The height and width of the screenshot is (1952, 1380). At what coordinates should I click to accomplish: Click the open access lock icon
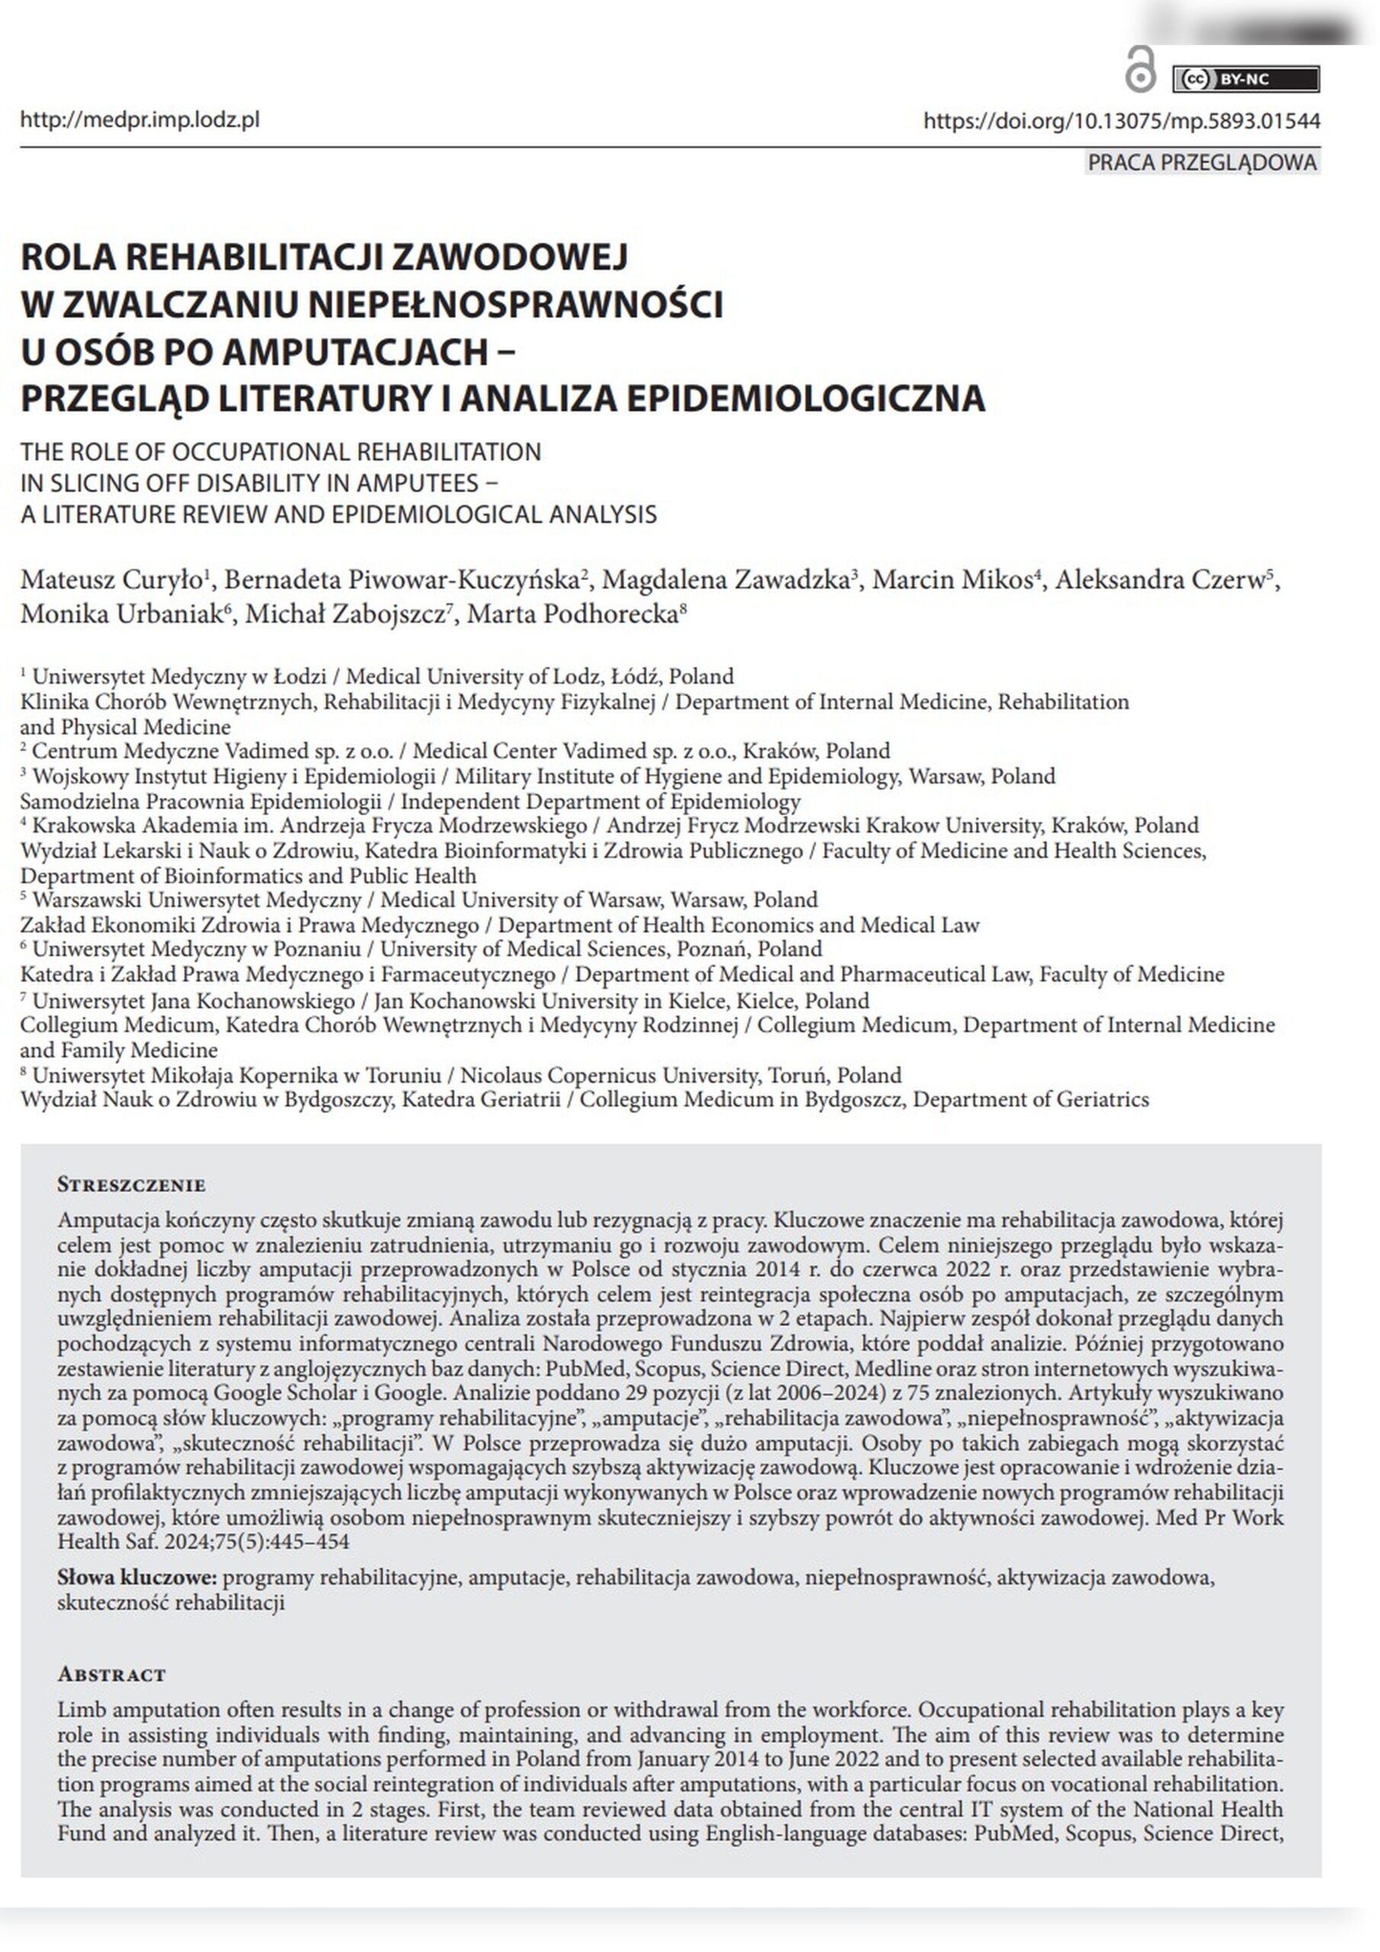click(1139, 71)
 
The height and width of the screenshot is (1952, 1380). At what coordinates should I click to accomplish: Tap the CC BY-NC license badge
click(1245, 79)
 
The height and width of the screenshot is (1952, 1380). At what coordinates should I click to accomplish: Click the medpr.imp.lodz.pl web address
click(140, 119)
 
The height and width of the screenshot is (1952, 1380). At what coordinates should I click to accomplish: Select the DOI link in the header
click(1122, 120)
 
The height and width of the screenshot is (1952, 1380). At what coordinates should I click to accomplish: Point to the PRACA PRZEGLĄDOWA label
click(1202, 162)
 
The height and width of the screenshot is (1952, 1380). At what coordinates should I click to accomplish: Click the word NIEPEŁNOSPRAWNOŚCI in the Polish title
click(515, 303)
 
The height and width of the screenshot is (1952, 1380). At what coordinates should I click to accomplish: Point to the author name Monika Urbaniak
click(120, 614)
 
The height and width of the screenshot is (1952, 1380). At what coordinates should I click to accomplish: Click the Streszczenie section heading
click(131, 1185)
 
